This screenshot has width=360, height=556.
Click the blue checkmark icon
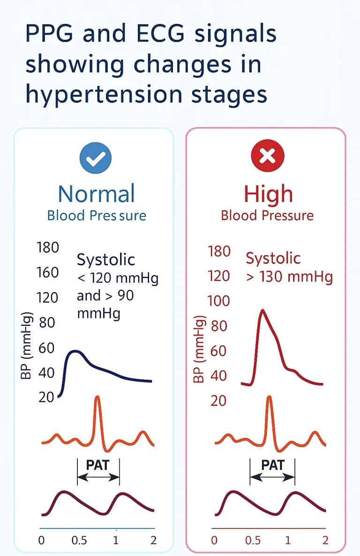point(96,157)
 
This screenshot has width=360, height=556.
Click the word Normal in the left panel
point(97,194)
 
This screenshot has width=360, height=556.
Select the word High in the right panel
point(268,194)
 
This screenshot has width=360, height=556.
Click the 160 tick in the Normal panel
point(47,272)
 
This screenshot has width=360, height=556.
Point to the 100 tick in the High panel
point(219,301)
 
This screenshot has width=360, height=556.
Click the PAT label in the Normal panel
point(98,465)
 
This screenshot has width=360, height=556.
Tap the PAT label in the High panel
point(272,465)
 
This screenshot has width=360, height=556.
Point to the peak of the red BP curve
point(262,310)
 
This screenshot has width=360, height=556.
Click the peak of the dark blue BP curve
point(75,351)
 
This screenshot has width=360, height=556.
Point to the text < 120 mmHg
point(118,279)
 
